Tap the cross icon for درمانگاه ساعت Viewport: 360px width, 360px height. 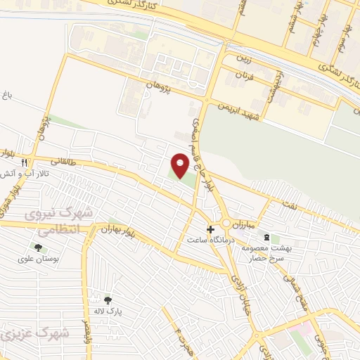pos(210,229)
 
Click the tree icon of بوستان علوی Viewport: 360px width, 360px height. pos(37,247)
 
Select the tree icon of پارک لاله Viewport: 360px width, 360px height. pos(107,300)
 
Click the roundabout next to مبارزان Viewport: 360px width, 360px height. pos(227,224)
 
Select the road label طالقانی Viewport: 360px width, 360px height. pos(62,161)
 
